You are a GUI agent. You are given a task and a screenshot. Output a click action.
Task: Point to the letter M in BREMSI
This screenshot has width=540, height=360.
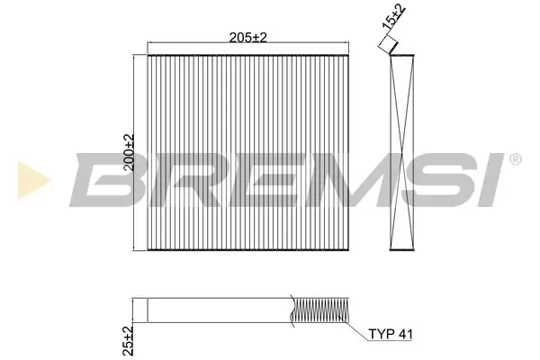(347, 177)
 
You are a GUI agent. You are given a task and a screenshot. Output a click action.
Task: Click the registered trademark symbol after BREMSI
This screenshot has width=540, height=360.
(514, 160)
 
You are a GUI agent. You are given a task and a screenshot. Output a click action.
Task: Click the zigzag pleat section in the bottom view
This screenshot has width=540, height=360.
(321, 310)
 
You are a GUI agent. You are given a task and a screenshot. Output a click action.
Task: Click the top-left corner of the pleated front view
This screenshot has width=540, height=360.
(146, 55)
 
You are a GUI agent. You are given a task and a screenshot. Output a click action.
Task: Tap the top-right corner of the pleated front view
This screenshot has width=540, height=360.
(349, 55)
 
